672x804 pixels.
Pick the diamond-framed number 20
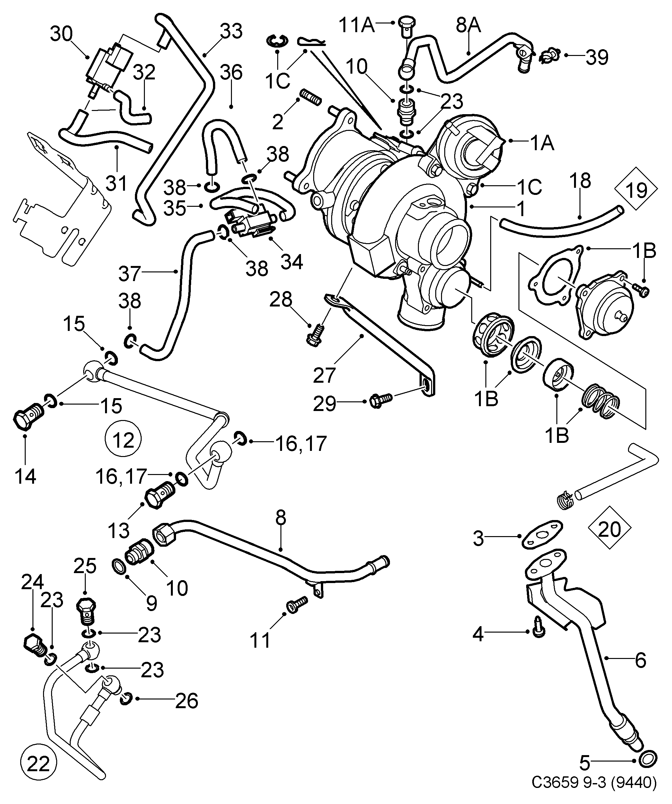(x=609, y=529)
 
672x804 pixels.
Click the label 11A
(x=357, y=25)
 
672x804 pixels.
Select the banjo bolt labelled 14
(x=28, y=416)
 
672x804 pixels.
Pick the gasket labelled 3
(x=542, y=534)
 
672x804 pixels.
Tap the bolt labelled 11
(x=297, y=605)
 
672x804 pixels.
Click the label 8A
(x=469, y=25)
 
